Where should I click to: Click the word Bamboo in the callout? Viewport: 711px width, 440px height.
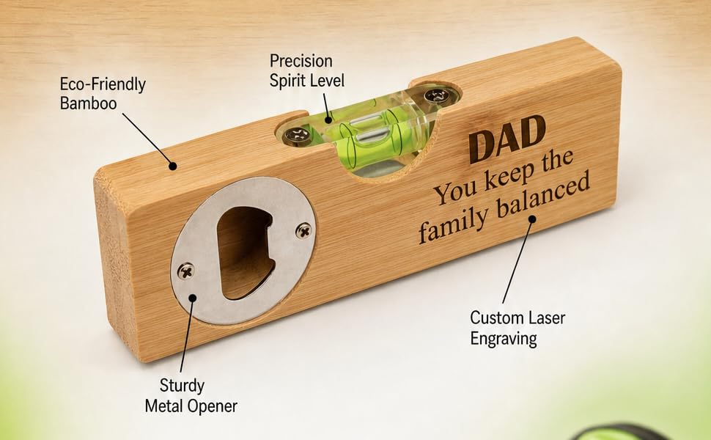89,103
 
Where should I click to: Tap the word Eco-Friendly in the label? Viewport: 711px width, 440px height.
103,84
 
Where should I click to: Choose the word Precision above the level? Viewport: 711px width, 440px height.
301,61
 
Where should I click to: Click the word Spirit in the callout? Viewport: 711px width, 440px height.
288,81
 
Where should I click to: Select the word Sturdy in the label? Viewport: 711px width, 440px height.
182,386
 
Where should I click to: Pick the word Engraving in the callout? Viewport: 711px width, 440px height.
504,339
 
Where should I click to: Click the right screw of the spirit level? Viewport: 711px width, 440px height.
438,96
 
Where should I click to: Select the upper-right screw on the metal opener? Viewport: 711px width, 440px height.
303,230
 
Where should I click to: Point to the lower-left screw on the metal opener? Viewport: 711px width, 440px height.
185,271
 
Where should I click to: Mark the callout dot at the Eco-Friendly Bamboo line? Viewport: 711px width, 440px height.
172,166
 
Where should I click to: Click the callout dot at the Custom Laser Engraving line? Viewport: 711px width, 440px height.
532,219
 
